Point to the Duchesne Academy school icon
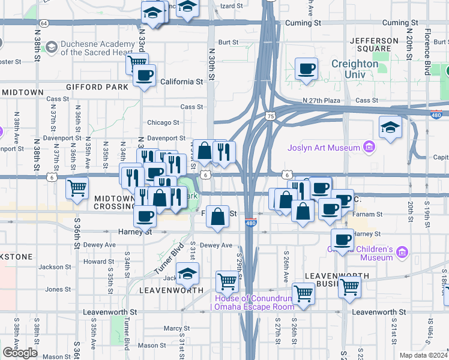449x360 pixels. click(51, 46)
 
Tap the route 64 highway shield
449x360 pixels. click(44, 23)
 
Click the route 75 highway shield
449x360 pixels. click(271, 116)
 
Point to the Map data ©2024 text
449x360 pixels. click(423, 355)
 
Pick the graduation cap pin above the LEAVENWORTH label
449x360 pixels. click(188, 273)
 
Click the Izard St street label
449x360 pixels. click(232, 5)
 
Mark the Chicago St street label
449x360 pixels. click(163, 122)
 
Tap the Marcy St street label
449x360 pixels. click(176, 329)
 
